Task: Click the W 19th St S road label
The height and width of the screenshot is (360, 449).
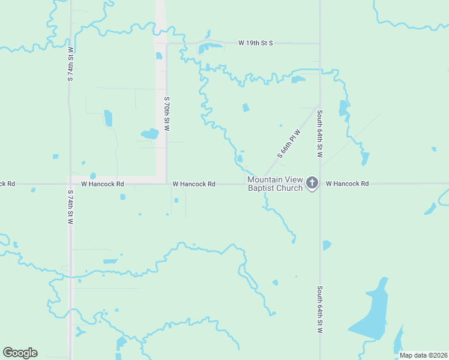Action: pos(255,43)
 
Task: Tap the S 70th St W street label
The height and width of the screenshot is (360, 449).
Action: pos(167,113)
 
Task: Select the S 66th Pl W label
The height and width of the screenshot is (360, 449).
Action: pos(288,143)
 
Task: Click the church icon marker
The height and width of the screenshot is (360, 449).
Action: pos(312,183)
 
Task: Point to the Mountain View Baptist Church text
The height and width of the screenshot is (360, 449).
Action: pos(276,184)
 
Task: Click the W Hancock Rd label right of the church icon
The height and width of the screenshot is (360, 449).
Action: pos(347,184)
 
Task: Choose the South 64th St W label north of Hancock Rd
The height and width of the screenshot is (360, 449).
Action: pos(320,133)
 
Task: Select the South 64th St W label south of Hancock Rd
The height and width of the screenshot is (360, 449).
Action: pos(320,310)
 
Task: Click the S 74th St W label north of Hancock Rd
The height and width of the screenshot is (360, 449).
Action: pos(70,64)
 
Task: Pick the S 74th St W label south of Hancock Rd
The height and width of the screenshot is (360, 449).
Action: pos(70,207)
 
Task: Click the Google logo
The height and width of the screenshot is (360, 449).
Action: pos(20,353)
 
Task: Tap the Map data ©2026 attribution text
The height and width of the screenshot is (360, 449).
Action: pos(423,355)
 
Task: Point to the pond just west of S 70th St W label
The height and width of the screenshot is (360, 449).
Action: pos(149,134)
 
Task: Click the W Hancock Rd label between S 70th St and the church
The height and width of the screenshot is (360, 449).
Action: pos(193,184)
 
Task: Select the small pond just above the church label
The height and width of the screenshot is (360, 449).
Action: pos(240,159)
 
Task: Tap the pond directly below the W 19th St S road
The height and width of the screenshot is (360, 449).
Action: pos(210,47)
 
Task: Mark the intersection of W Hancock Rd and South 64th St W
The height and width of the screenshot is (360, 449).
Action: pos(320,184)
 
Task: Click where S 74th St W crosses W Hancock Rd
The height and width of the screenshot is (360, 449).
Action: pos(70,184)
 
